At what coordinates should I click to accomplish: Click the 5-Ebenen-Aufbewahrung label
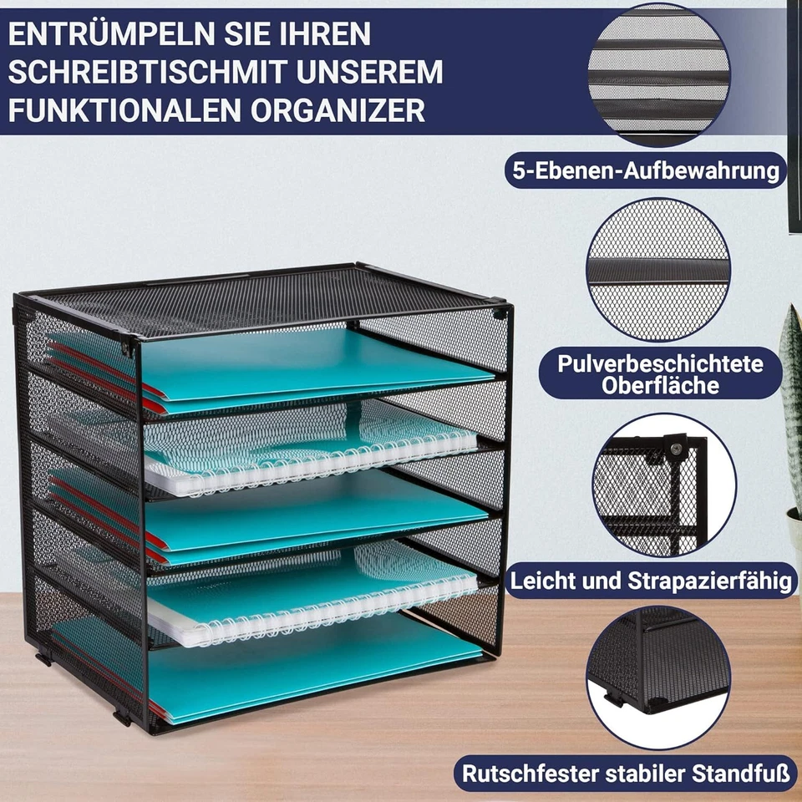(x=645, y=171)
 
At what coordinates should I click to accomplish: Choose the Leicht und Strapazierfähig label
(x=649, y=581)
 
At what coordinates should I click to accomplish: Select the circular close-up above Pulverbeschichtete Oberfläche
(x=657, y=269)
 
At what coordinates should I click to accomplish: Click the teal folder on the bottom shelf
(x=317, y=668)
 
